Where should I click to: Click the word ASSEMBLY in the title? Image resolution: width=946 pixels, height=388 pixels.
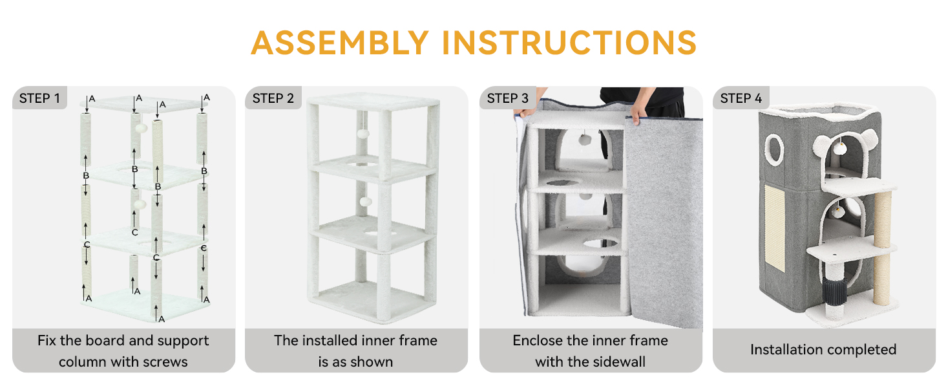pyautogui.click(x=340, y=43)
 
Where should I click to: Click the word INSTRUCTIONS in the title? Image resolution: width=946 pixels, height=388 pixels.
pyautogui.click(x=569, y=43)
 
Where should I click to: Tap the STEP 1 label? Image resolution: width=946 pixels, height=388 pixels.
pyautogui.click(x=39, y=98)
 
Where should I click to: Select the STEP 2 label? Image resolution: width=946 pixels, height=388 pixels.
pyautogui.click(x=273, y=98)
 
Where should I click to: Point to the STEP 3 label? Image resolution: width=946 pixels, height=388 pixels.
pyautogui.click(x=508, y=98)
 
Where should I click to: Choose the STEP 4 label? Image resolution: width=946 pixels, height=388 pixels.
pyautogui.click(x=741, y=98)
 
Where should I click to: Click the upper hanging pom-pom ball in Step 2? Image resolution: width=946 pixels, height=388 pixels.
pyautogui.click(x=363, y=134)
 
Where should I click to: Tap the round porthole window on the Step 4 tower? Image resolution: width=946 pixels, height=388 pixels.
pyautogui.click(x=775, y=149)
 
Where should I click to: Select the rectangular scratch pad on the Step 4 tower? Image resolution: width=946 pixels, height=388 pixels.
pyautogui.click(x=775, y=228)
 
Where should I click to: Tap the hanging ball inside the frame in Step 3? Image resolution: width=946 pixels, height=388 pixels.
pyautogui.click(x=585, y=140)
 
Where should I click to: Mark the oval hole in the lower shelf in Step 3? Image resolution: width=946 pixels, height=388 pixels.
pyautogui.click(x=600, y=243)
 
